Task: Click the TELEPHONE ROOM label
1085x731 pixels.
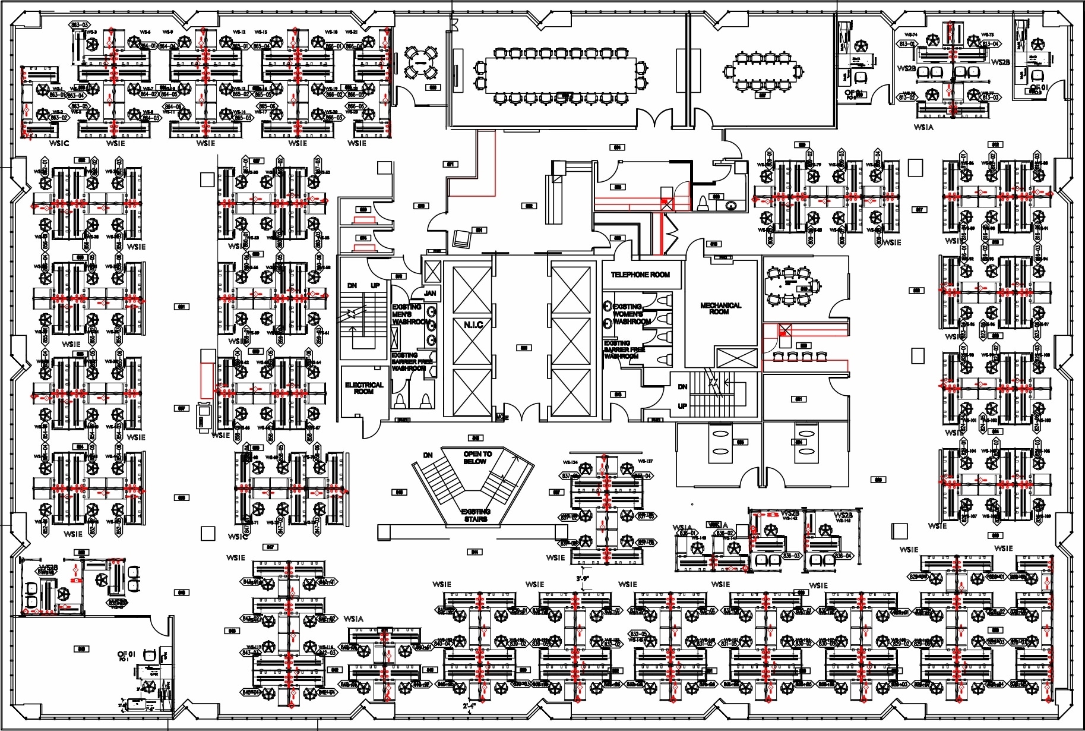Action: click(x=640, y=275)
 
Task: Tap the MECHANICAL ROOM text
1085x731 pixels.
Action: click(x=720, y=308)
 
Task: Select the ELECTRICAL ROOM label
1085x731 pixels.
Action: click(x=364, y=388)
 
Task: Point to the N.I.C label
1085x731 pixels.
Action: click(x=473, y=324)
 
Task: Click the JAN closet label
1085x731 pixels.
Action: click(x=430, y=293)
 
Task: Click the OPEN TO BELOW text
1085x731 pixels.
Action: click(x=477, y=457)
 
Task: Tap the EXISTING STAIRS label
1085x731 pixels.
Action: click(x=476, y=515)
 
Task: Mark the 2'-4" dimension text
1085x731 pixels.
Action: click(x=469, y=706)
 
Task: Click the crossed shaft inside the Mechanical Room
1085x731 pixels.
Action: click(x=736, y=358)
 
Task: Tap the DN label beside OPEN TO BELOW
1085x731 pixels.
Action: click(x=428, y=455)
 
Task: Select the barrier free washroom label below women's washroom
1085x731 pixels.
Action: click(x=621, y=349)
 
